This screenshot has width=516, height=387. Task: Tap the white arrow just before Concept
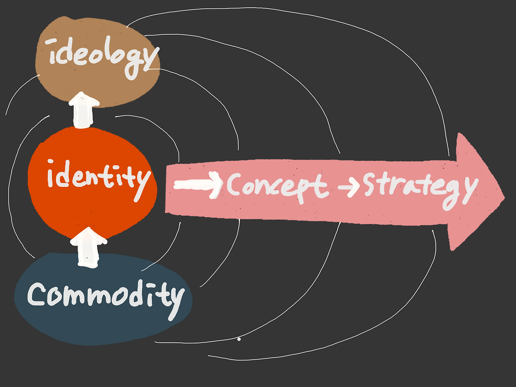tap(198, 184)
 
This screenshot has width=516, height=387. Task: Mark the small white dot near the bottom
tap(239, 339)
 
